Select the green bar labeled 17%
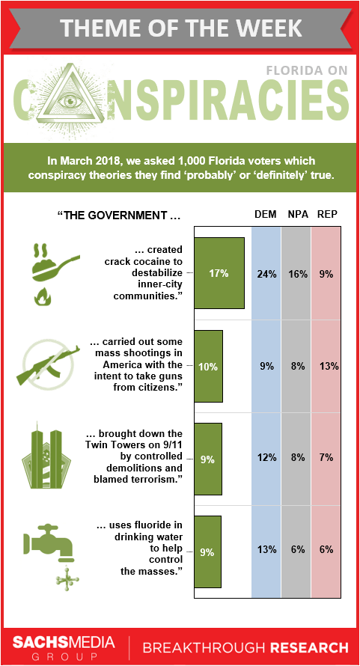[219, 273]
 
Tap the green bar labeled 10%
[208, 366]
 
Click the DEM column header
[266, 215]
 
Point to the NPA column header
[296, 215]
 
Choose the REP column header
[327, 215]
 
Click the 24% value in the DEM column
[266, 274]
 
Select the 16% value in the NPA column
[297, 274]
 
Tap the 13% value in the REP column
[329, 366]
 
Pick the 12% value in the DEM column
[266, 458]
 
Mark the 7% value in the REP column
[327, 458]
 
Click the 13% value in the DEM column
[266, 550]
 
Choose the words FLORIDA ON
[307, 70]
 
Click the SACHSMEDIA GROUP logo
[64, 647]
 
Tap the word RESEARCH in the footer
[309, 648]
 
